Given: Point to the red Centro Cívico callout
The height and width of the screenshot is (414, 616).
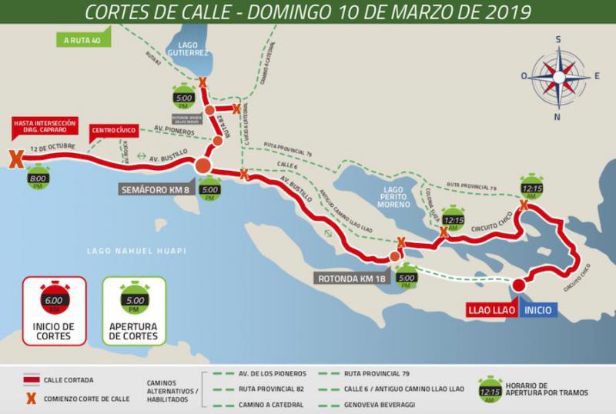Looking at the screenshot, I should (x=114, y=130).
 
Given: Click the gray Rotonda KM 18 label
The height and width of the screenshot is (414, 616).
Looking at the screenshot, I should (x=351, y=278).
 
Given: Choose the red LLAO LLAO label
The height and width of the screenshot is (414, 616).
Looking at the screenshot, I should (x=491, y=311).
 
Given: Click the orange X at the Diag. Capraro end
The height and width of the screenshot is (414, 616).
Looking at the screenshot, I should (x=14, y=159).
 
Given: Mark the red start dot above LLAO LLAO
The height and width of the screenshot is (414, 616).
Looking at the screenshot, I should (x=518, y=285).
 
